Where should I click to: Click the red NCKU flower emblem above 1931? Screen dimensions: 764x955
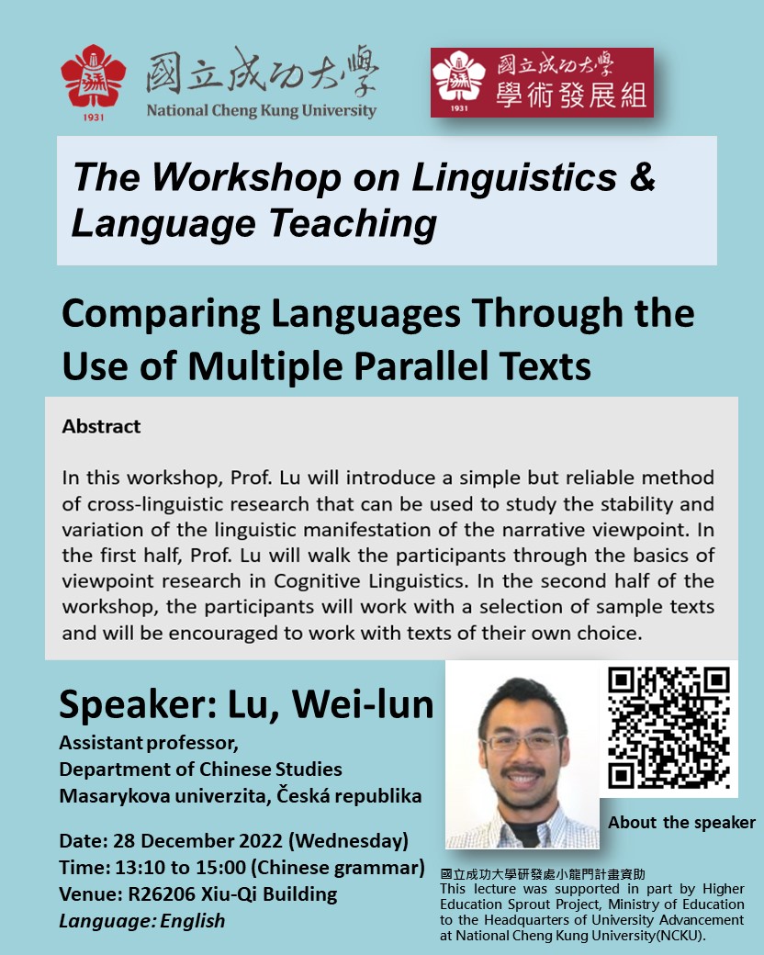pyautogui.click(x=94, y=75)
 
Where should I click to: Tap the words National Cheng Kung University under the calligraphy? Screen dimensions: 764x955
pyautogui.click(x=262, y=110)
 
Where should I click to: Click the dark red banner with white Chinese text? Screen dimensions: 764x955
pyautogui.click(x=542, y=83)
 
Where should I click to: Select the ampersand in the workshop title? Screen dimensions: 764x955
pyautogui.click(x=642, y=176)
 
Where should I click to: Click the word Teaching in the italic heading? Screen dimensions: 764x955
pyautogui.click(x=353, y=224)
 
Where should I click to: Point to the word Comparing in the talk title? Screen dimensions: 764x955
pyautogui.click(x=161, y=315)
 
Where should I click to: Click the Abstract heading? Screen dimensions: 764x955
pyautogui.click(x=101, y=426)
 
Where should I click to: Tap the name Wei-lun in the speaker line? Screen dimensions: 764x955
pyautogui.click(x=363, y=703)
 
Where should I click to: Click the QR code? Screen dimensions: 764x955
pyautogui.click(x=668, y=727)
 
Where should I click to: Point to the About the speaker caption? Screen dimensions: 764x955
pyautogui.click(x=681, y=822)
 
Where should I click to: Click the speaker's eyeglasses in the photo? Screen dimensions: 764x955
pyautogui.click(x=523, y=742)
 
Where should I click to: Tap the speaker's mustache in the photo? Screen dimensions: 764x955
pyautogui.click(x=522, y=772)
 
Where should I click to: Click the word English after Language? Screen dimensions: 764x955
pyautogui.click(x=193, y=921)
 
